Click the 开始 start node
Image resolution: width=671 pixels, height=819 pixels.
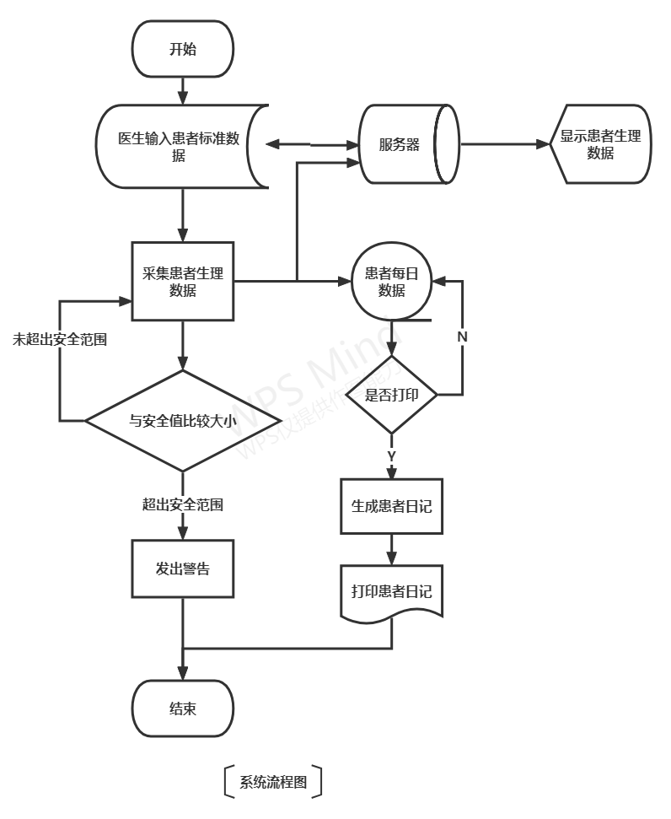[x=182, y=49]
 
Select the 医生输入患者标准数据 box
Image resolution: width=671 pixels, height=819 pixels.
[x=180, y=147]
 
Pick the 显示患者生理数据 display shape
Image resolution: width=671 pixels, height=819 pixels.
[x=601, y=144]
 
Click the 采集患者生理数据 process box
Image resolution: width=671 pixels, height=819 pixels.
[x=183, y=282]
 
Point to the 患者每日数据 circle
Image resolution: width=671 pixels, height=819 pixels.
[x=391, y=282]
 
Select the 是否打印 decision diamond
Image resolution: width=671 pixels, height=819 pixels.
[x=391, y=395]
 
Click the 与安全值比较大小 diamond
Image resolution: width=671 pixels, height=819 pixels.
[x=183, y=420]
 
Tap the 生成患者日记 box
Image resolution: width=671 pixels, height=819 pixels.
[x=391, y=506]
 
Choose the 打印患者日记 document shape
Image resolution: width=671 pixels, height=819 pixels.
[x=391, y=591]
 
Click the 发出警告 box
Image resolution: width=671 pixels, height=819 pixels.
[x=183, y=568]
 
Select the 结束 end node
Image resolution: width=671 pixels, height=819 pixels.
[x=182, y=709]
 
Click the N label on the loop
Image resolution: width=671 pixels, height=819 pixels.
[x=462, y=337]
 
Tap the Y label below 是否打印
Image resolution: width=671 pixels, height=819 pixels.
[x=391, y=456]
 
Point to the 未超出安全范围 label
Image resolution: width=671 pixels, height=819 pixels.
[x=59, y=340]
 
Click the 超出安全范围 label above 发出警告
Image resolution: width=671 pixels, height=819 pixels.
[x=183, y=504]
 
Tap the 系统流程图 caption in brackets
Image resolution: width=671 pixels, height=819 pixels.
[x=273, y=782]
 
